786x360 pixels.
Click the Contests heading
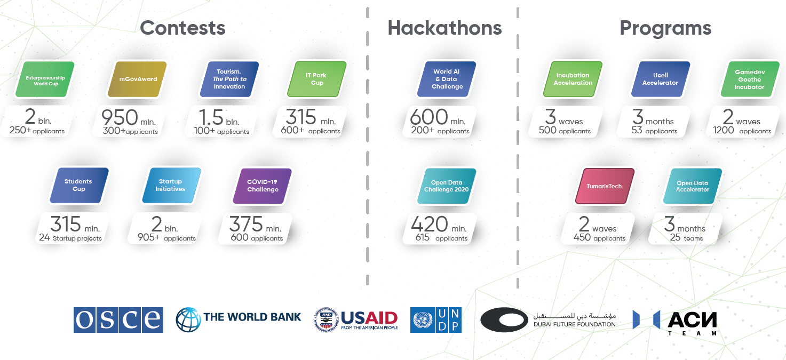tap(182, 28)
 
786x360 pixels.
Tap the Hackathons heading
tap(444, 28)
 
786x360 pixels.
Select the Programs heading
tap(665, 29)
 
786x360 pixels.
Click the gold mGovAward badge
tap(137, 79)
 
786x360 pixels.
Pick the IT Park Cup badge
tap(317, 79)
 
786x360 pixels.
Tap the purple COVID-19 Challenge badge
tap(262, 186)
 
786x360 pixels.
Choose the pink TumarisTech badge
tap(605, 186)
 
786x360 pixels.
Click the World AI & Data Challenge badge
tap(447, 79)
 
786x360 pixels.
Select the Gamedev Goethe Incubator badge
tap(750, 79)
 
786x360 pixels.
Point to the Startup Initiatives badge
tap(171, 185)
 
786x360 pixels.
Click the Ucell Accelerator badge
tap(661, 79)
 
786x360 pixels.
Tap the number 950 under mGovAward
tap(120, 117)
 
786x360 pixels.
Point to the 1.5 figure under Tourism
tap(211, 117)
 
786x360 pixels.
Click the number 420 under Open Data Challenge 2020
tap(429, 224)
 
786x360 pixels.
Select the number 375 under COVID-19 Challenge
tap(246, 224)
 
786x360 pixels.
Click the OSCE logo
tap(118, 319)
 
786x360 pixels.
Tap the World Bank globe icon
tap(188, 319)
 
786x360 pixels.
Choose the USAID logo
tap(356, 319)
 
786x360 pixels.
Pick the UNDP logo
tap(436, 319)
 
